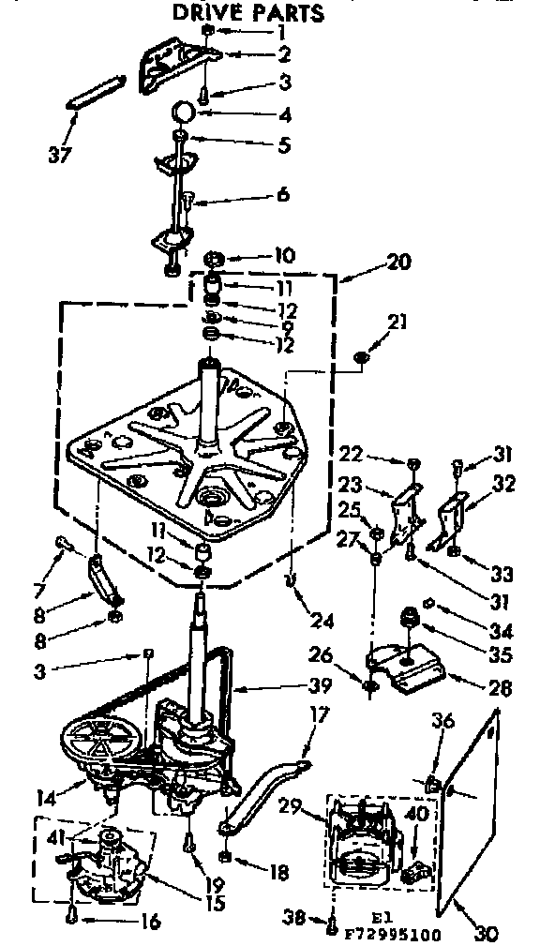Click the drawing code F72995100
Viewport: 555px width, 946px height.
click(395, 935)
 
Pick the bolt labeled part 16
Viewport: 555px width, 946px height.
click(72, 916)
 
